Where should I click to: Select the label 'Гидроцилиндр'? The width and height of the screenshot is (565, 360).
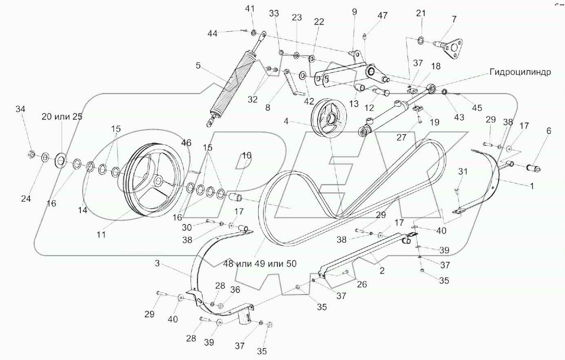[521, 72]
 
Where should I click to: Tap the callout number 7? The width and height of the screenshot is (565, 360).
[454, 19]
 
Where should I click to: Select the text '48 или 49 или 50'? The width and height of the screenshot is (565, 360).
[259, 264]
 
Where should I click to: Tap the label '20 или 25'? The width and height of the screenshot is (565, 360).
[62, 117]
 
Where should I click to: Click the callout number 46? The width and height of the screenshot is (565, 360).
[186, 142]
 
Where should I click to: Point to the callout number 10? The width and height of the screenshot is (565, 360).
[247, 156]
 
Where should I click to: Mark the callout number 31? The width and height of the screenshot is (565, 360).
[462, 171]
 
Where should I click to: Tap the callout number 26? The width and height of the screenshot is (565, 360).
[361, 284]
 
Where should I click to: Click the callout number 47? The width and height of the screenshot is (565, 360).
[382, 16]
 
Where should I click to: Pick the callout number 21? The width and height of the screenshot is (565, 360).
[421, 13]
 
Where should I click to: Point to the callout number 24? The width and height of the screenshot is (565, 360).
[26, 199]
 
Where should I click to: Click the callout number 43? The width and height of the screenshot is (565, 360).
[459, 117]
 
